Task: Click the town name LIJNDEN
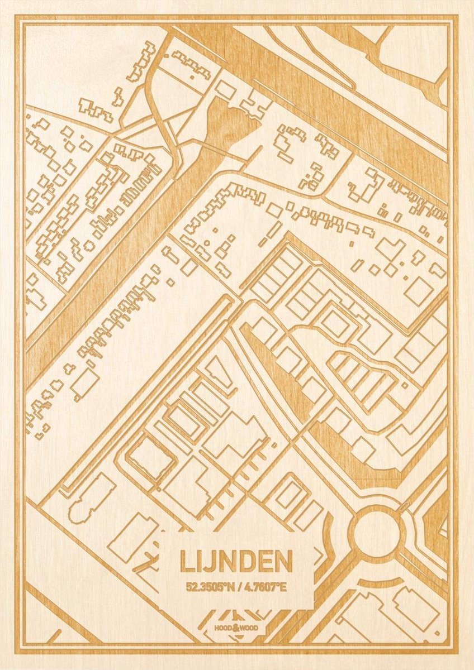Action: point(236,562)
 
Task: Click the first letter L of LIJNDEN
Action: point(185,562)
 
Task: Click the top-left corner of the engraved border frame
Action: point(17,17)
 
